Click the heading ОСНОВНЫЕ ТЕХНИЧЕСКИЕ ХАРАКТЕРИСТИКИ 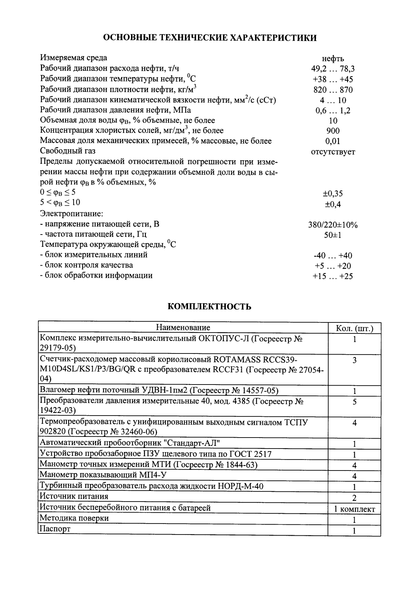click(x=210, y=38)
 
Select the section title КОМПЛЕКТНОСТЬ click(x=209, y=306)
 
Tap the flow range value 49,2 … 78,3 click(x=333, y=69)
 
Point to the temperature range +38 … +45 click(x=333, y=80)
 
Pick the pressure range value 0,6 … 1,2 click(x=333, y=111)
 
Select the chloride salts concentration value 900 click(x=333, y=131)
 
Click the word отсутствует click(x=333, y=152)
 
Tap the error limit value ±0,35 click(x=333, y=194)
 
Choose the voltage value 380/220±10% click(x=333, y=225)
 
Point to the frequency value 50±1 click(x=333, y=235)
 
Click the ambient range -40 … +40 click(x=333, y=256)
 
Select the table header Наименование click(x=183, y=328)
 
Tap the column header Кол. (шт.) click(x=354, y=328)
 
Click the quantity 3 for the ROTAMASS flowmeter click(x=354, y=360)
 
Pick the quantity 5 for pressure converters click(x=354, y=402)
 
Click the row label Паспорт click(x=55, y=529)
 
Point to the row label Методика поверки click(x=74, y=518)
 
